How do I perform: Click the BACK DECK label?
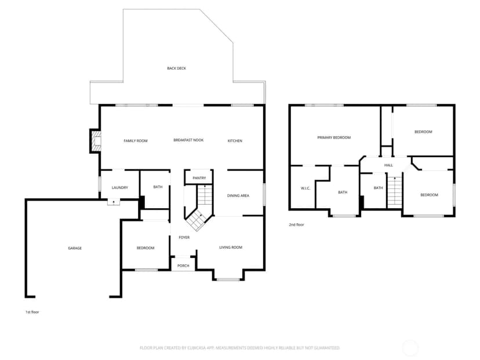[176, 68]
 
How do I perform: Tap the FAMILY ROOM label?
[136, 141]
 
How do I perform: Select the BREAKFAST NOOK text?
[188, 140]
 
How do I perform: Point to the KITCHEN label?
[235, 141]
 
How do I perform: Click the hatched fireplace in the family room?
[96, 141]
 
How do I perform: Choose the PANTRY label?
[199, 178]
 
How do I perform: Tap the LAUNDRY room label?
[119, 188]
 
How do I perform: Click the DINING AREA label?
[238, 195]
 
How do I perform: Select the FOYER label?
[184, 237]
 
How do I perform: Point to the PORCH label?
[183, 266]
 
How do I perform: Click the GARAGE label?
[75, 248]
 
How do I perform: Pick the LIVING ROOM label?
[231, 248]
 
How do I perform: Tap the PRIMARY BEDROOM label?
[334, 137]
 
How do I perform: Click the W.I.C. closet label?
[306, 188]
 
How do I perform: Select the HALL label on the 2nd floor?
[388, 165]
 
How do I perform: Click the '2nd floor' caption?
[297, 225]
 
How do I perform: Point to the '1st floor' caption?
[32, 312]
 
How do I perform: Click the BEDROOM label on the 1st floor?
[146, 248]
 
